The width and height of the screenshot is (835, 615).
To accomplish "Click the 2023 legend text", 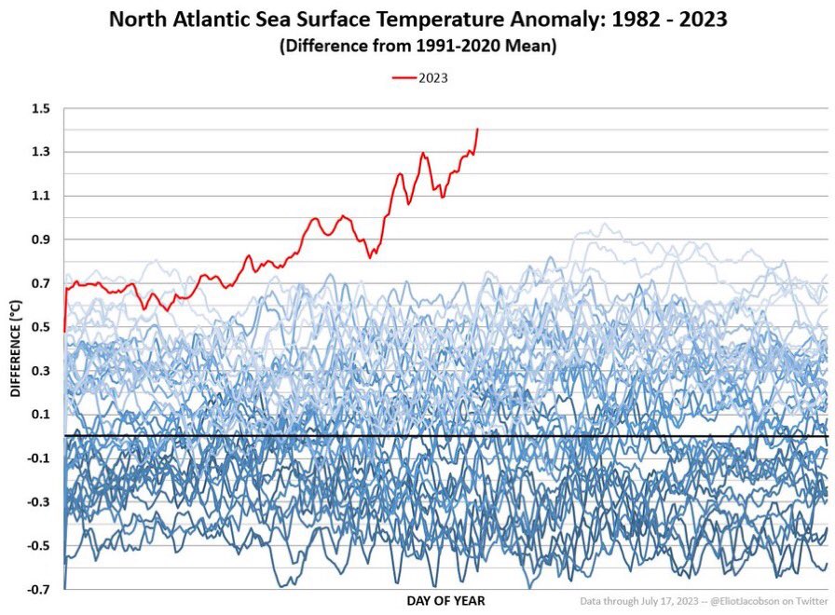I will coord(432,78).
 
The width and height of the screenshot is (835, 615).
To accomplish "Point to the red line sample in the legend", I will coord(403,78).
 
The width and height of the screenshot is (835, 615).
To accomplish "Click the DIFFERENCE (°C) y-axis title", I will coord(15,348).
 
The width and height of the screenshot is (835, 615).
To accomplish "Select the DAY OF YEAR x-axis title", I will coord(445,601).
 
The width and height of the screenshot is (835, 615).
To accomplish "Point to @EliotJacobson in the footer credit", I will coord(750,601).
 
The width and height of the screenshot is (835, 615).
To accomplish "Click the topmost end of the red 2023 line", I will coord(477,129).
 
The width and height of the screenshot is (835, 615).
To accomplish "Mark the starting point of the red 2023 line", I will coord(63,331).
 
